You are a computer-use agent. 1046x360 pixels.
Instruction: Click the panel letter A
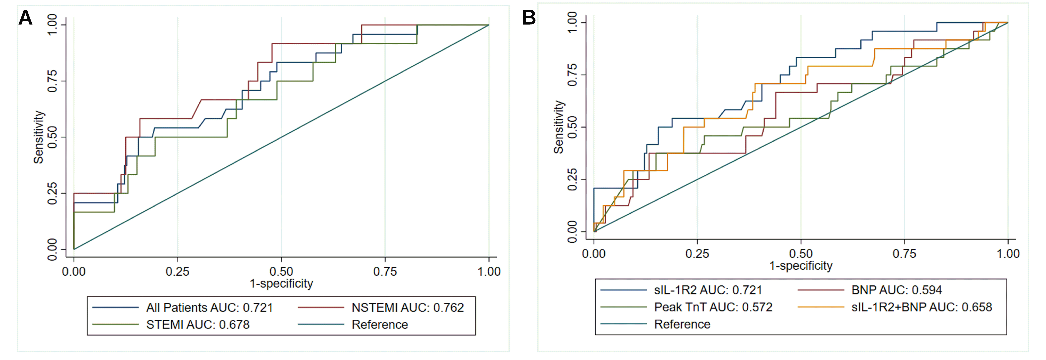click(26, 18)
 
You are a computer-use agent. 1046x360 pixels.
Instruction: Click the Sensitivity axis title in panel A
click(39, 137)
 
